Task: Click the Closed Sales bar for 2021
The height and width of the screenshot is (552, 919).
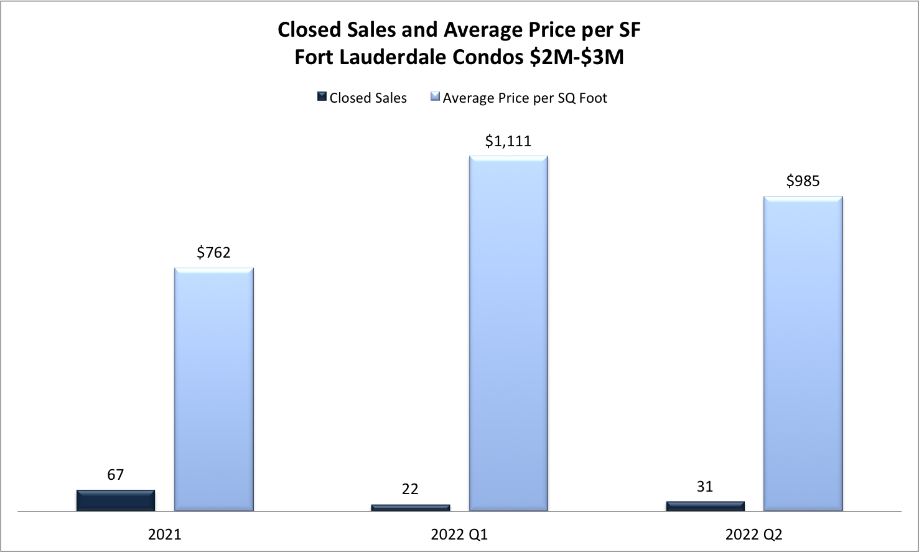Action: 116,500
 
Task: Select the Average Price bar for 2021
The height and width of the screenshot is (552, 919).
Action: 213,390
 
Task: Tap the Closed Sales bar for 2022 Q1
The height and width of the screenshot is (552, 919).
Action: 410,508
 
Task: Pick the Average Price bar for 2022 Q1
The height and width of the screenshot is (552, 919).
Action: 508,334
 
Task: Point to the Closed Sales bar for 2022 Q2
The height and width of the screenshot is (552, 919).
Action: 705,506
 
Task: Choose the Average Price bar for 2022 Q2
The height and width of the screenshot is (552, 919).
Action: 803,353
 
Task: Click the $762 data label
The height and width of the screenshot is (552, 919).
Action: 213,252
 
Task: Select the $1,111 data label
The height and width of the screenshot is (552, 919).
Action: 508,141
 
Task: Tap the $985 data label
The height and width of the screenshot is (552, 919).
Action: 803,181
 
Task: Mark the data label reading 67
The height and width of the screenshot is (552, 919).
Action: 116,475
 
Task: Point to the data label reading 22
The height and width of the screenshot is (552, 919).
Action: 410,489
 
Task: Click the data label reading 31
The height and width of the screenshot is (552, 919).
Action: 705,487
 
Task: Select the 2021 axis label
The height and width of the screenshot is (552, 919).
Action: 165,535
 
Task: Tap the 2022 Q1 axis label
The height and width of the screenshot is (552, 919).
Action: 459,535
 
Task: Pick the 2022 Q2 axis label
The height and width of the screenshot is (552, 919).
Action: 753,535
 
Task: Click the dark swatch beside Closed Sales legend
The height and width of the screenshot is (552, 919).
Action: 322,97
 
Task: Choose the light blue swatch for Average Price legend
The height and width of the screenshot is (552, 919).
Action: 435,97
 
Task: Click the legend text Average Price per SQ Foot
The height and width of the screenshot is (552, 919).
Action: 525,98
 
